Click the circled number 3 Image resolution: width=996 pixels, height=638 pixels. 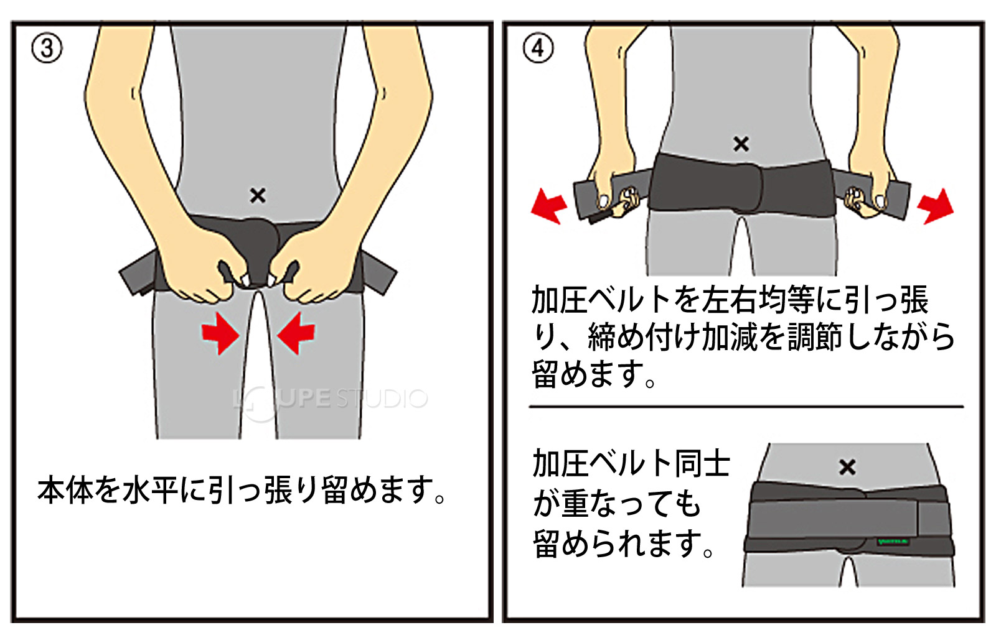point(47,48)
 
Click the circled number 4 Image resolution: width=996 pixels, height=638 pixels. point(538,48)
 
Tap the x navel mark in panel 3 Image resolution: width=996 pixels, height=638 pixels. point(258,196)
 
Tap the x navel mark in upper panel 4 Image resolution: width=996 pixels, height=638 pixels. point(741,144)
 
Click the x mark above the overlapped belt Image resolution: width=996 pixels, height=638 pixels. point(847,467)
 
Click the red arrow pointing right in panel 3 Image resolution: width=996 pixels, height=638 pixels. point(220,333)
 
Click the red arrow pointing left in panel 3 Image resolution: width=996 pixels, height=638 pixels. point(296,333)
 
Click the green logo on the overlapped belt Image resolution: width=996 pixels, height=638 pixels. point(893,541)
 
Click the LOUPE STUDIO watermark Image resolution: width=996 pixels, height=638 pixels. point(330,399)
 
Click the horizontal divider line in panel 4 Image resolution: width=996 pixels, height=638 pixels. point(746,407)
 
